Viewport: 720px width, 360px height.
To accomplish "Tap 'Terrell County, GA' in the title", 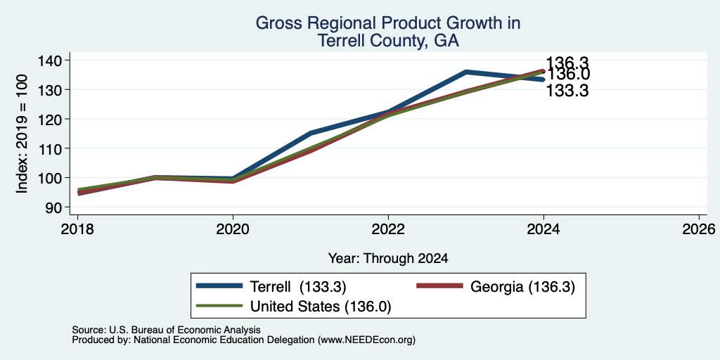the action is coord(388,41).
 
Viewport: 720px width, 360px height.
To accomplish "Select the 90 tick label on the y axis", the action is coord(50,207).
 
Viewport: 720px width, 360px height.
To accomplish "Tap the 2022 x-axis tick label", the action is coord(388,229).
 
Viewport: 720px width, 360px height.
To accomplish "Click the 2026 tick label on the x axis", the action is coord(699,229).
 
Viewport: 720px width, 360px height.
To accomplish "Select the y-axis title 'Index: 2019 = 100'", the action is coord(22,134).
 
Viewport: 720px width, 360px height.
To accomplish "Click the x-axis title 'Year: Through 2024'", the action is coord(388,259).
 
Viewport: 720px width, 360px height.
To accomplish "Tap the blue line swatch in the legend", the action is coord(219,286).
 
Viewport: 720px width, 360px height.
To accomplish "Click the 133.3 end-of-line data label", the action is coord(567,91).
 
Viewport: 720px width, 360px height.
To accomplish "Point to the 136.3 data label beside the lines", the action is coord(567,63).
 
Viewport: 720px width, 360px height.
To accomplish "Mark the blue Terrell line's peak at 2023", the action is coord(466,72).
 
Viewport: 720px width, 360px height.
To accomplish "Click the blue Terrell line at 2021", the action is coord(311,133).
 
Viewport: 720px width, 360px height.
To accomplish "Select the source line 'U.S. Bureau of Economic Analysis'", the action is coord(185,330).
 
